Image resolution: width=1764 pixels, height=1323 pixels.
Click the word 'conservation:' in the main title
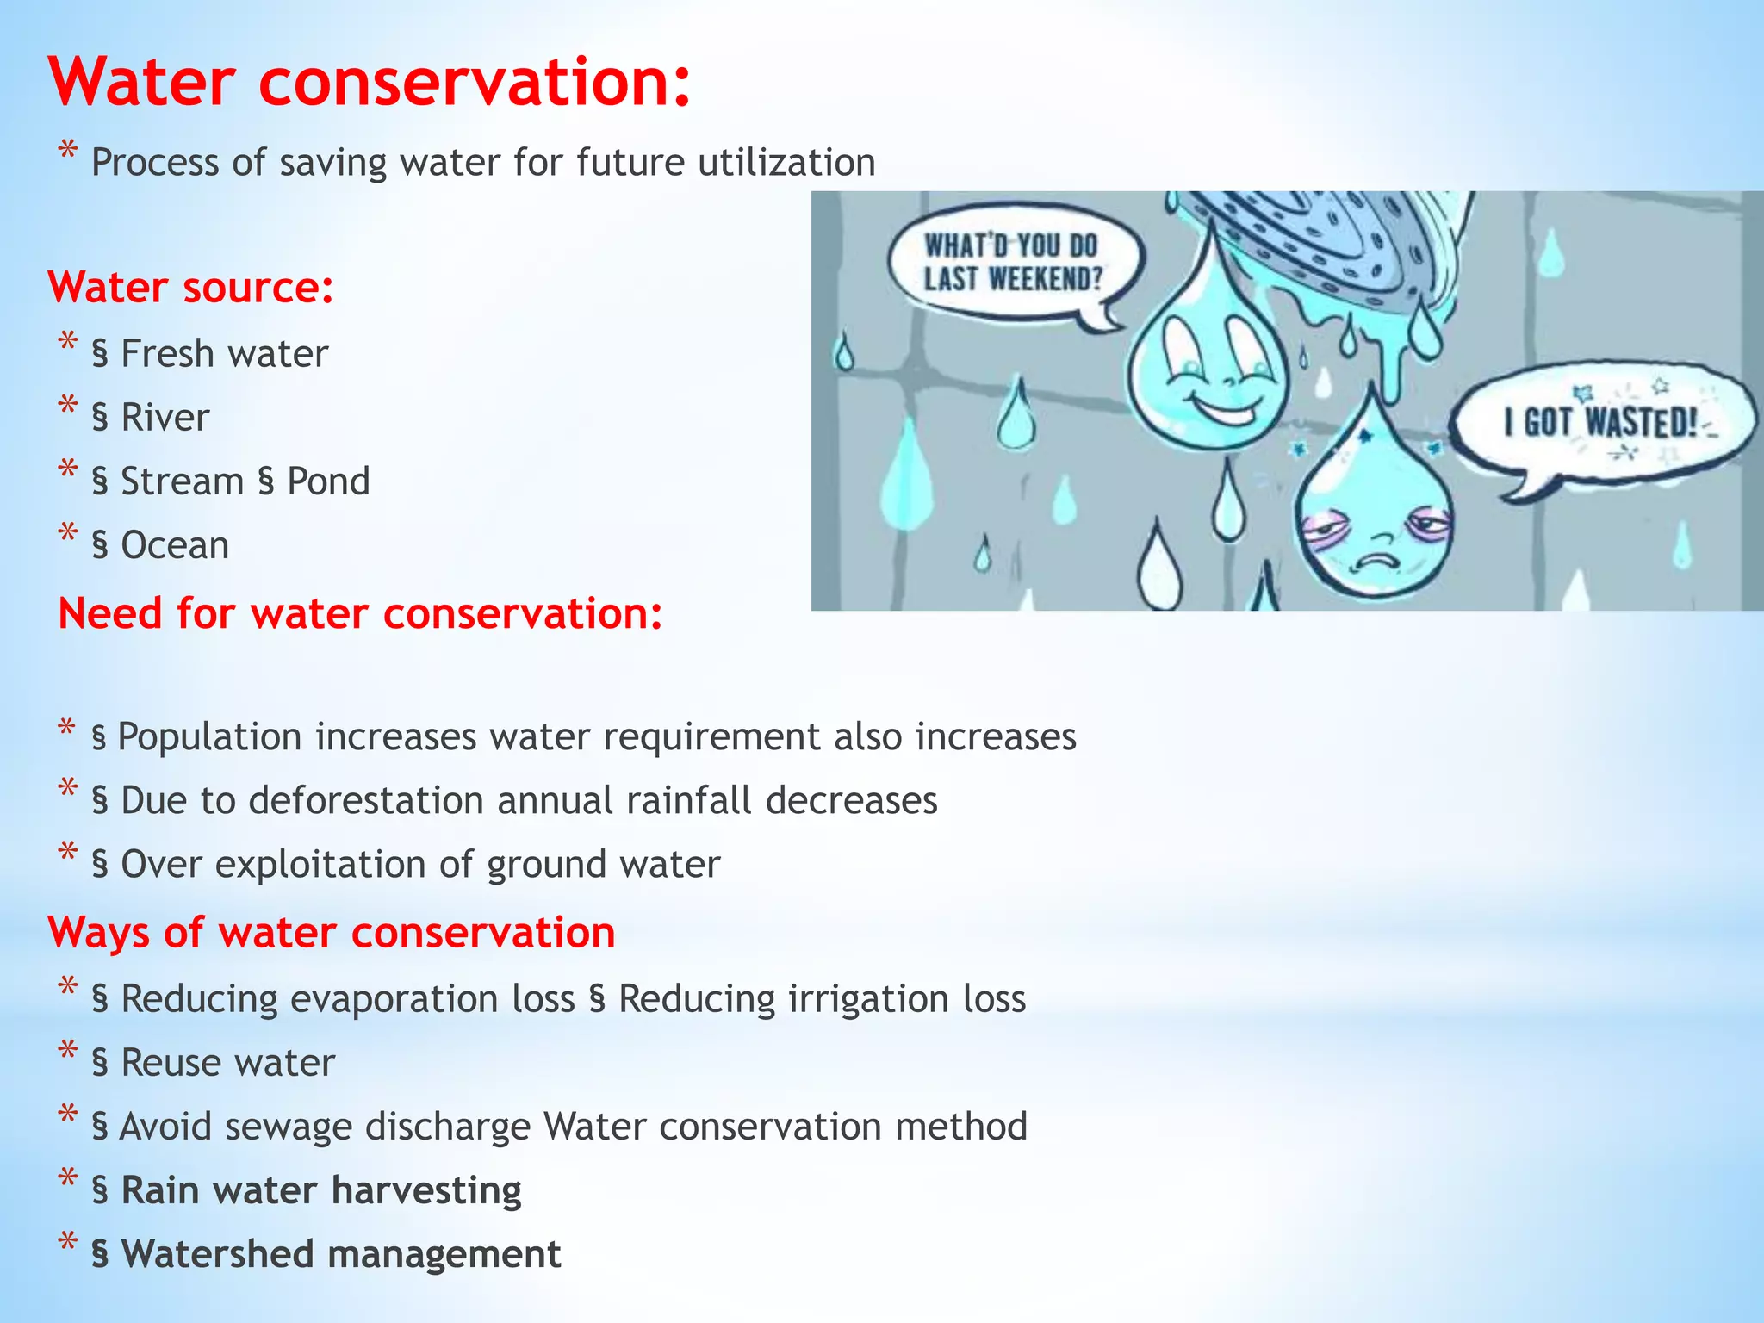pos(474,82)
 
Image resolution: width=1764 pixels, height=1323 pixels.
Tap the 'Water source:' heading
pos(190,288)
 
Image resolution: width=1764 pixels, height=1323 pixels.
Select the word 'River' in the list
pos(165,418)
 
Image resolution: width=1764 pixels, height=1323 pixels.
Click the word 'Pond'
pos(328,481)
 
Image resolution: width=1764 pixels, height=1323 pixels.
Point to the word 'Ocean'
pos(175,545)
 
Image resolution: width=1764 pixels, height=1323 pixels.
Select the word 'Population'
pos(209,737)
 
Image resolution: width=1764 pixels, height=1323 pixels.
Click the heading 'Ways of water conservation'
pos(332,933)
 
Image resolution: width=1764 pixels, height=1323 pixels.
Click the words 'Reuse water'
pos(227,1063)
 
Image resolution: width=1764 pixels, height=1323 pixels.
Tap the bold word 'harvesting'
pos(425,1190)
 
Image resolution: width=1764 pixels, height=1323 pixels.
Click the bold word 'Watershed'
pos(215,1254)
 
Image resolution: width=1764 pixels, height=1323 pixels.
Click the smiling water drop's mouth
pos(1223,409)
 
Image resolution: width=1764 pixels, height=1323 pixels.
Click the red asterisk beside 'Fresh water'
pos(68,343)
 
